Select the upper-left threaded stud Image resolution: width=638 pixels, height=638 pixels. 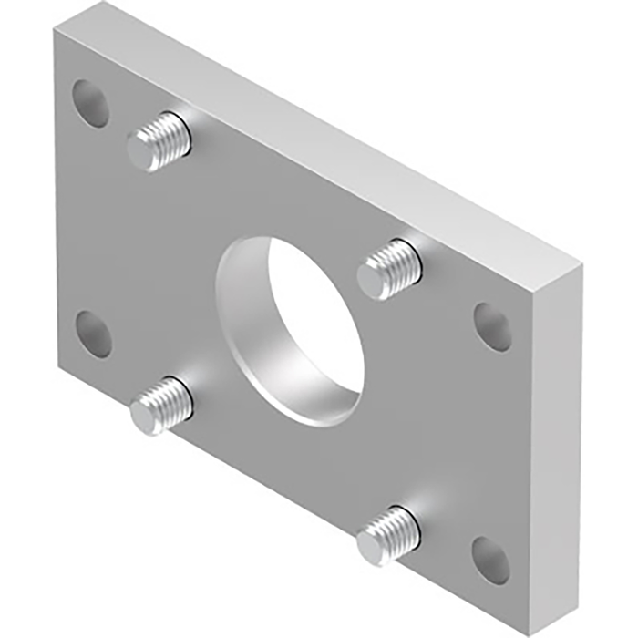pyautogui.click(x=159, y=141)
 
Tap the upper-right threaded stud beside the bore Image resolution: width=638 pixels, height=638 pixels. pyautogui.click(x=390, y=266)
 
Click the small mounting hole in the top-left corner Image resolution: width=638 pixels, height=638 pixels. pyautogui.click(x=90, y=103)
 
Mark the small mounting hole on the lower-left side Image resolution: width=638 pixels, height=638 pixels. pyautogui.click(x=93, y=334)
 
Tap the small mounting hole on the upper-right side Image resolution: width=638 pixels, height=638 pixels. pyautogui.click(x=493, y=326)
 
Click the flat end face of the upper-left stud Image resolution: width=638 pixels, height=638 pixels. pyautogui.click(x=143, y=151)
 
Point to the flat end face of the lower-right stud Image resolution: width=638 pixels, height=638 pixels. pyautogui.click(x=373, y=546)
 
